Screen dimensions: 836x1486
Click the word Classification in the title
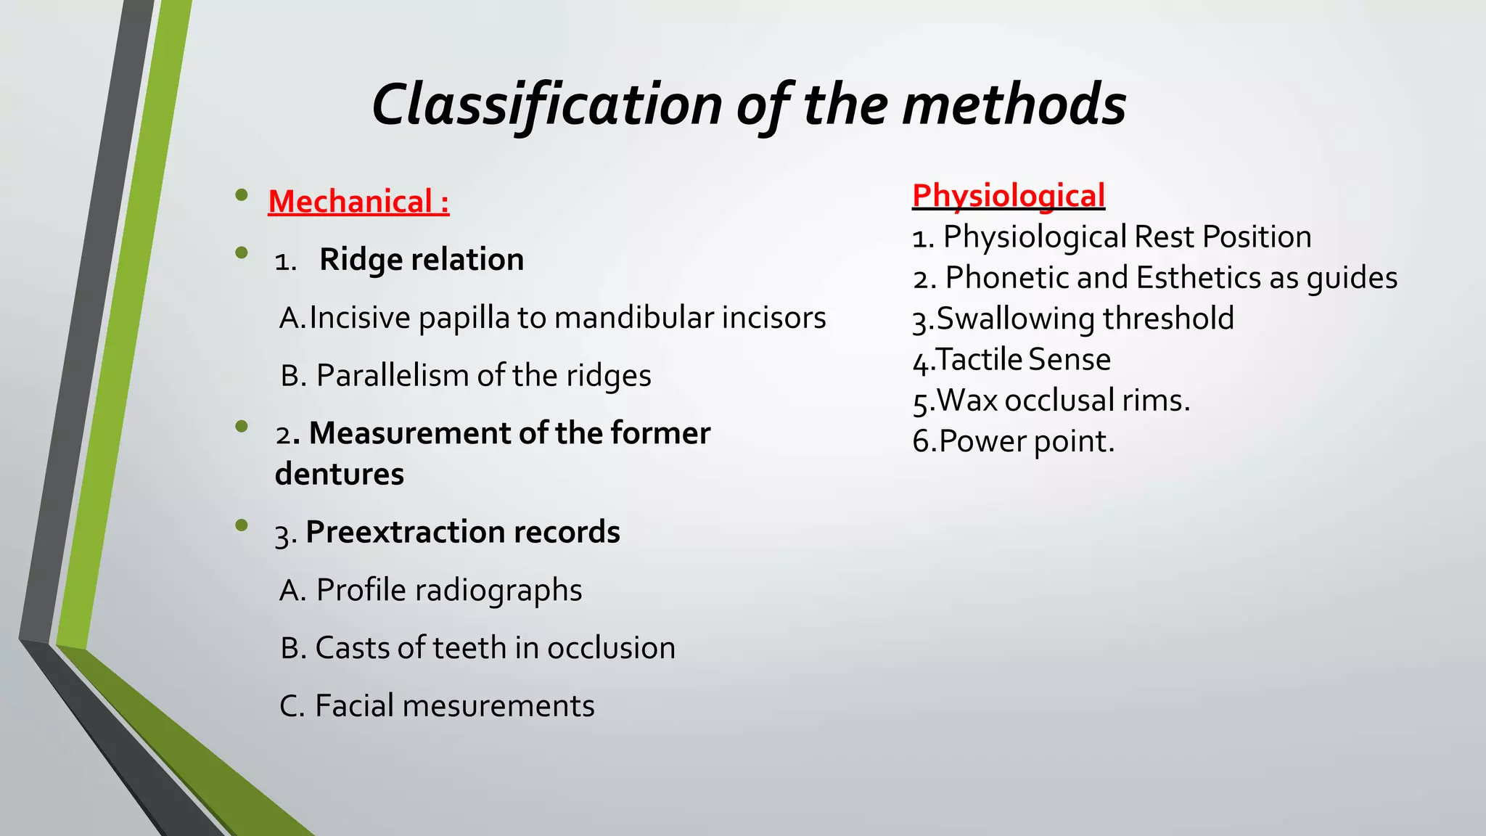click(546, 104)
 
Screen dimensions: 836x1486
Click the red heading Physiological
click(1008, 196)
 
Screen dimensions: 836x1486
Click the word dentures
click(340, 475)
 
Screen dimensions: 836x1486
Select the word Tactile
click(979, 360)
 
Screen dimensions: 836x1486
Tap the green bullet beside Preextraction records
click(242, 525)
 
